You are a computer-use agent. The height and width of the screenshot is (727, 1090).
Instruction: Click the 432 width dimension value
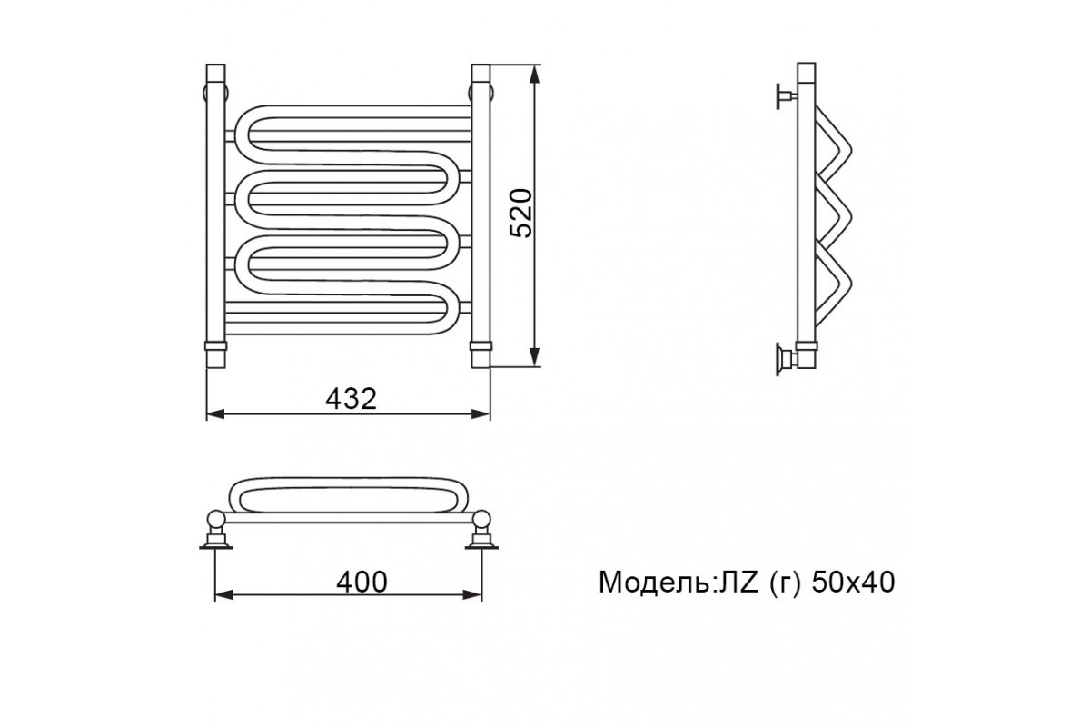[351, 399]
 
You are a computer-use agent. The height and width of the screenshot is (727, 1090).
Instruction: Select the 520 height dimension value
[521, 213]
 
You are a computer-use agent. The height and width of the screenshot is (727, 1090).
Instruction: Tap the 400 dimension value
[362, 582]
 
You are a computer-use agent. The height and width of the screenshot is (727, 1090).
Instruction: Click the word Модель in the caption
[655, 583]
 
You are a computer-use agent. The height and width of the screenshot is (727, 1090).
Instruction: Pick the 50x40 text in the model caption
[853, 582]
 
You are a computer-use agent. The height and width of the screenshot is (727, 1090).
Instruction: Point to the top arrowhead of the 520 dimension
[535, 74]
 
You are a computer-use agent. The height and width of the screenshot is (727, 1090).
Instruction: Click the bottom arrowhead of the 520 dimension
[535, 357]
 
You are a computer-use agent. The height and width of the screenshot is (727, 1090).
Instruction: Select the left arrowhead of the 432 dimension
[215, 414]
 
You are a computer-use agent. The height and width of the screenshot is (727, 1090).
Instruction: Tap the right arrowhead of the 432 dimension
[481, 414]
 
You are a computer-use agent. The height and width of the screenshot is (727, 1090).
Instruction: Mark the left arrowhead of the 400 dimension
[224, 595]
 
